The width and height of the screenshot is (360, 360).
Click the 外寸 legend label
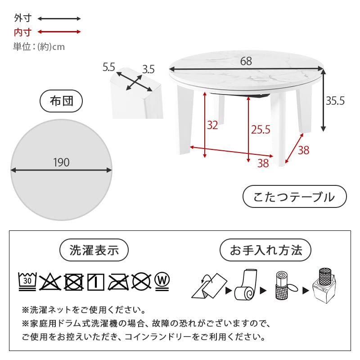[x=22, y=18]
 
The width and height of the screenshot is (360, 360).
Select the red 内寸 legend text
[x=22, y=32]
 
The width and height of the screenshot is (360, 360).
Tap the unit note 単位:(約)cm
[x=39, y=46]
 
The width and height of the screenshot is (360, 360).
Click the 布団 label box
[x=61, y=102]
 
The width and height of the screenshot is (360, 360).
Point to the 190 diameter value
[x=61, y=162]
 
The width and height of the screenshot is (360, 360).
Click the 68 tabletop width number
[x=246, y=61]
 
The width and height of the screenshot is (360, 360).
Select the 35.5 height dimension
[x=335, y=101]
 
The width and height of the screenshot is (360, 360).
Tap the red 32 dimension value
[x=212, y=126]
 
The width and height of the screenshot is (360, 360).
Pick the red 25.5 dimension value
[x=261, y=130]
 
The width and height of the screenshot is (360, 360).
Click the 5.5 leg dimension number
[x=109, y=67]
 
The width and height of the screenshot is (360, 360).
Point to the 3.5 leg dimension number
[x=148, y=69]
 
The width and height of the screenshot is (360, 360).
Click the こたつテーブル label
[x=294, y=197]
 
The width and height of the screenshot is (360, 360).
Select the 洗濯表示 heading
[x=94, y=251]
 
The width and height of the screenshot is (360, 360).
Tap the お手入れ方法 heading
[x=265, y=250]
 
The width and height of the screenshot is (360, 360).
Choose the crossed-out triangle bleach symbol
[x=50, y=282]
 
